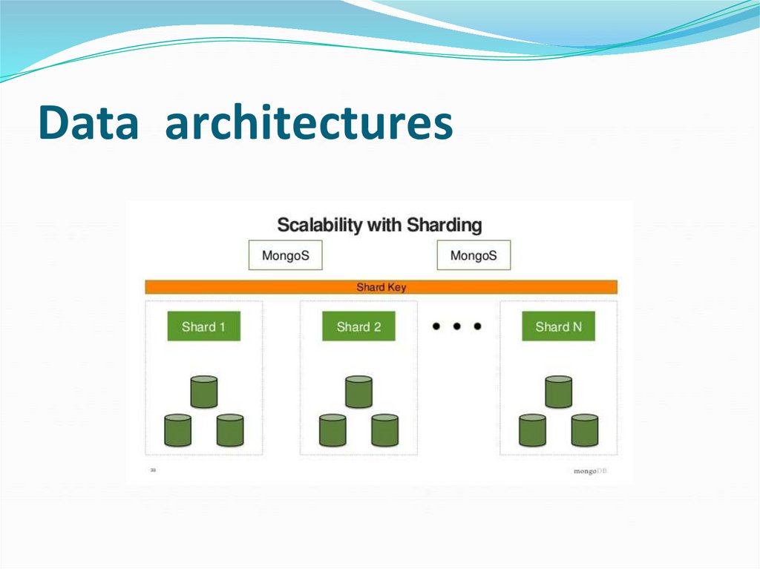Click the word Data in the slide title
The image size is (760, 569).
click(88, 123)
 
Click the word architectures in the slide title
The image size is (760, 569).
click(309, 123)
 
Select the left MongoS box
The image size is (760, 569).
click(285, 256)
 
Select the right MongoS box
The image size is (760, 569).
click(474, 256)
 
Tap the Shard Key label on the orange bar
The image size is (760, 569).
click(381, 287)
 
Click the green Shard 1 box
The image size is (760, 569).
click(203, 326)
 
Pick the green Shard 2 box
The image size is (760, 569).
click(358, 326)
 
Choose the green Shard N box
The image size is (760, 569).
click(558, 326)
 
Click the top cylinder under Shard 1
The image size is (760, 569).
click(203, 392)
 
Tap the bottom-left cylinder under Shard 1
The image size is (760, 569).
click(177, 430)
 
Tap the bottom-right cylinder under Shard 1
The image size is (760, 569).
click(230, 430)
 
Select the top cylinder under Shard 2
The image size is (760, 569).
click(358, 392)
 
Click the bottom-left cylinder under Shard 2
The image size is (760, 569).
click(332, 430)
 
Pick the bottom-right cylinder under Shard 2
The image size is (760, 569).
click(384, 430)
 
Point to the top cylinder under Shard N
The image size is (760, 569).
click(558, 392)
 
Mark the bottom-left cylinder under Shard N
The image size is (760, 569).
click(532, 430)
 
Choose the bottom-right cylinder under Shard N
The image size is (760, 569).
click(585, 430)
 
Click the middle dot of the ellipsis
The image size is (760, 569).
click(457, 326)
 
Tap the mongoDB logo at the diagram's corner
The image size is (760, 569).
click(590, 470)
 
